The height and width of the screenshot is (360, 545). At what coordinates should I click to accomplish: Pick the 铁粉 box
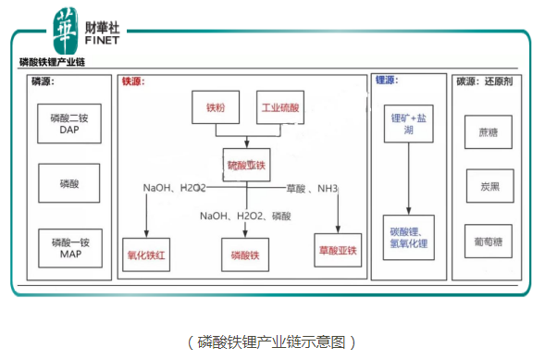click(215, 108)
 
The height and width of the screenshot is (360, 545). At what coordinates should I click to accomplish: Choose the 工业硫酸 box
click(279, 108)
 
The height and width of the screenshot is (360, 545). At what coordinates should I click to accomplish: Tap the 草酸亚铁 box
click(338, 250)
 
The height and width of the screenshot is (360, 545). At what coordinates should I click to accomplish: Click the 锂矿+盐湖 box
click(409, 124)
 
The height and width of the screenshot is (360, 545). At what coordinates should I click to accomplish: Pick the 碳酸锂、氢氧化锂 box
click(409, 237)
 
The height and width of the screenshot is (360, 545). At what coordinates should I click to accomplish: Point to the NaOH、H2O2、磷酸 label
click(246, 217)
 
